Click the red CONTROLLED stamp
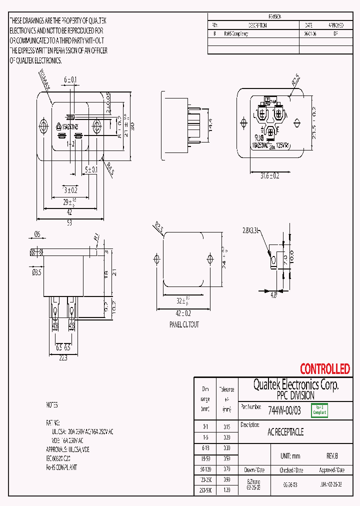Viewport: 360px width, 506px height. [324, 369]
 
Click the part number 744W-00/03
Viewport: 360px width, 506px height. [284, 410]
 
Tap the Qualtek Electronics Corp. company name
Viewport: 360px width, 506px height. [295, 384]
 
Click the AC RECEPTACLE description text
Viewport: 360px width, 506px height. [285, 432]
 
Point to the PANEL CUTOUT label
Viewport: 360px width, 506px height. [183, 324]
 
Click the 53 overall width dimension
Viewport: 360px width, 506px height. [70, 223]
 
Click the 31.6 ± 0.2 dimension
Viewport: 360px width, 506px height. [269, 175]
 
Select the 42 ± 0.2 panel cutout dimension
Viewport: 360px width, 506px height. [183, 313]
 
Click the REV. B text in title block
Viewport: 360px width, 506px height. [332, 456]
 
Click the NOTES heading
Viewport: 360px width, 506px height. [52, 405]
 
